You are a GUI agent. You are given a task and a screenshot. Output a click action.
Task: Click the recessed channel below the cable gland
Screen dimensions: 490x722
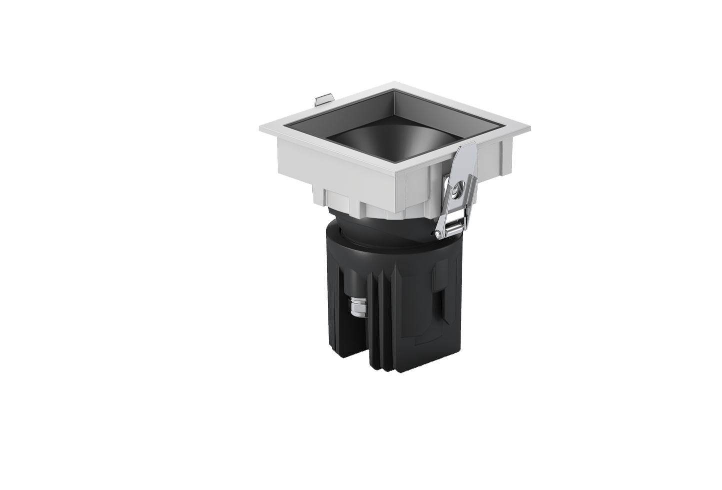pyautogui.click(x=357, y=340)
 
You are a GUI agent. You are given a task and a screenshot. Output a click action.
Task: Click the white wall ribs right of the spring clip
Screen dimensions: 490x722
pyautogui.click(x=492, y=160)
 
